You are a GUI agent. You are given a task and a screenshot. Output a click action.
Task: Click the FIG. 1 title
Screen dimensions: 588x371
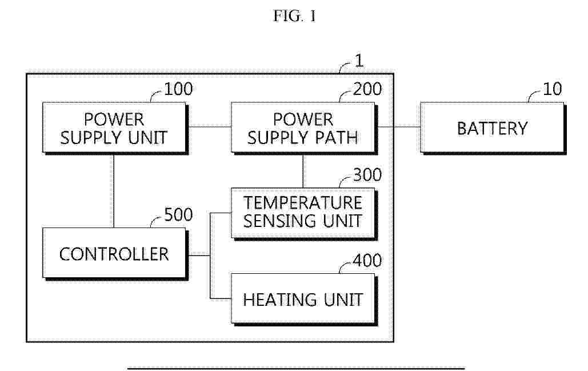(x=295, y=16)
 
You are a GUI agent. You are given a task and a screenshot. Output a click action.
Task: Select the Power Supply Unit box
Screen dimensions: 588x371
(x=115, y=128)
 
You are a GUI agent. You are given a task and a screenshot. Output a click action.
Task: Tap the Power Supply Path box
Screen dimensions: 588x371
(x=304, y=128)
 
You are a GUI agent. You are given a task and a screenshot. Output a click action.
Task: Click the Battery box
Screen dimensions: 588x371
(x=493, y=128)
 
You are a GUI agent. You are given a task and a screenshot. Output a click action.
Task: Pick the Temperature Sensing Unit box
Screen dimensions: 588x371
(x=304, y=213)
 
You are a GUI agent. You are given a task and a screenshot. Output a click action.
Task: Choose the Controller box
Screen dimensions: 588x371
(x=115, y=254)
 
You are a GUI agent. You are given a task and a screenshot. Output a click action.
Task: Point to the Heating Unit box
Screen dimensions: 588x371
(x=304, y=300)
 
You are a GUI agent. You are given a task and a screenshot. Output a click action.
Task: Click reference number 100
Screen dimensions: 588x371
(x=178, y=89)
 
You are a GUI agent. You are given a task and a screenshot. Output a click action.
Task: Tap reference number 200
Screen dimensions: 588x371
(x=367, y=89)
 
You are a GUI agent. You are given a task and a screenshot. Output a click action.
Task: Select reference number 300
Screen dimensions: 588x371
(x=367, y=175)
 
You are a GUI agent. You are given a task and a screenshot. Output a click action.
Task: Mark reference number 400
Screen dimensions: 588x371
(x=367, y=260)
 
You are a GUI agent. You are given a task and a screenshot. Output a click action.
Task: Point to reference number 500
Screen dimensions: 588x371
(x=178, y=214)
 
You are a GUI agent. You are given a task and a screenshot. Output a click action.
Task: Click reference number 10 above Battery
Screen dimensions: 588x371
(x=553, y=89)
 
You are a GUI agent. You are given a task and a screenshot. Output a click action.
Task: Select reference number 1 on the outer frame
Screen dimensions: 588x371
(x=359, y=61)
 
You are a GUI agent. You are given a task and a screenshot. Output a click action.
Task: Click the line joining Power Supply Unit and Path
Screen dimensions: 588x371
(x=210, y=127)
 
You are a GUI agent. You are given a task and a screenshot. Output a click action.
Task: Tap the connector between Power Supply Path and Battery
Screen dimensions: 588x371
(x=399, y=127)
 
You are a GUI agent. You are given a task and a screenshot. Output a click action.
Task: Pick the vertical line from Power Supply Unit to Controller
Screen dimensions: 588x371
(x=114, y=191)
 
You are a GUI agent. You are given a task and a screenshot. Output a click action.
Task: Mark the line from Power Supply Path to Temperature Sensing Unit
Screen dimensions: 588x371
(x=303, y=171)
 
